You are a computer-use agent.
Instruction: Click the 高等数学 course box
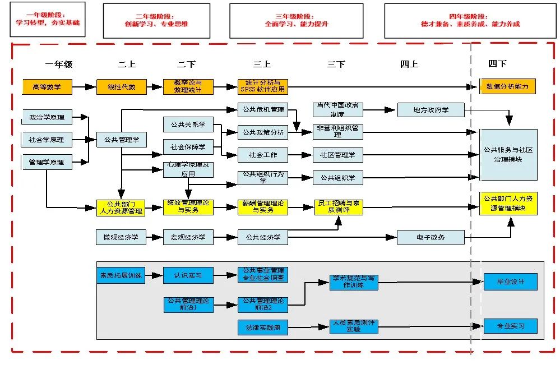click(x=47, y=87)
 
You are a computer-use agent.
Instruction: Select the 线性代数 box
click(x=121, y=87)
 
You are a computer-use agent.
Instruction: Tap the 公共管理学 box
click(x=121, y=140)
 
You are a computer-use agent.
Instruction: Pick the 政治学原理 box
click(x=47, y=118)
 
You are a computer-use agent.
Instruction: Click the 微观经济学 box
click(x=121, y=237)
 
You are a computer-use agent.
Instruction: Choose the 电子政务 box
click(x=431, y=237)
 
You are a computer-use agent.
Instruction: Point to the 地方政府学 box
click(x=431, y=110)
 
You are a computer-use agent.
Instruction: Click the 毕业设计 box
click(x=510, y=282)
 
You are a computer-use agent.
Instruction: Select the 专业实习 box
click(x=510, y=326)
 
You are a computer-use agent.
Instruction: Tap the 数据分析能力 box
click(x=508, y=86)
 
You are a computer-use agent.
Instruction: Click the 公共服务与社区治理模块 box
click(x=508, y=155)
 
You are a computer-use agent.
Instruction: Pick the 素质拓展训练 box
click(x=121, y=275)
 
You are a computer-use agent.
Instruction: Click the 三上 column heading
click(x=262, y=64)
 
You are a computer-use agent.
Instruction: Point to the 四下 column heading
click(x=497, y=64)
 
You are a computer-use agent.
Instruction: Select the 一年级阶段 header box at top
click(x=48, y=19)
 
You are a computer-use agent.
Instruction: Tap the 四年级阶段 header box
click(x=470, y=21)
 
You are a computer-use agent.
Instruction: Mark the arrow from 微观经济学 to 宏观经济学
click(x=154, y=237)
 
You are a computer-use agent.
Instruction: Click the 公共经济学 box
click(x=262, y=237)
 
